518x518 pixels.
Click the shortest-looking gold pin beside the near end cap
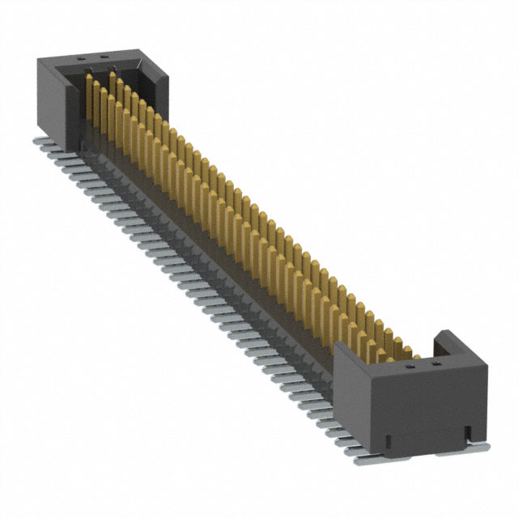point(414,353)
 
